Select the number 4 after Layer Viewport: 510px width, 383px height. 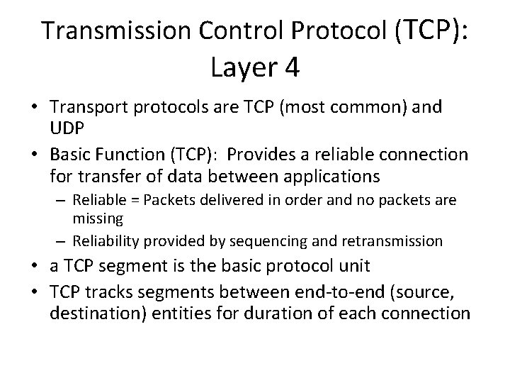pyautogui.click(x=290, y=68)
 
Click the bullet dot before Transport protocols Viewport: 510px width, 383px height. pyautogui.click(x=33, y=109)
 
